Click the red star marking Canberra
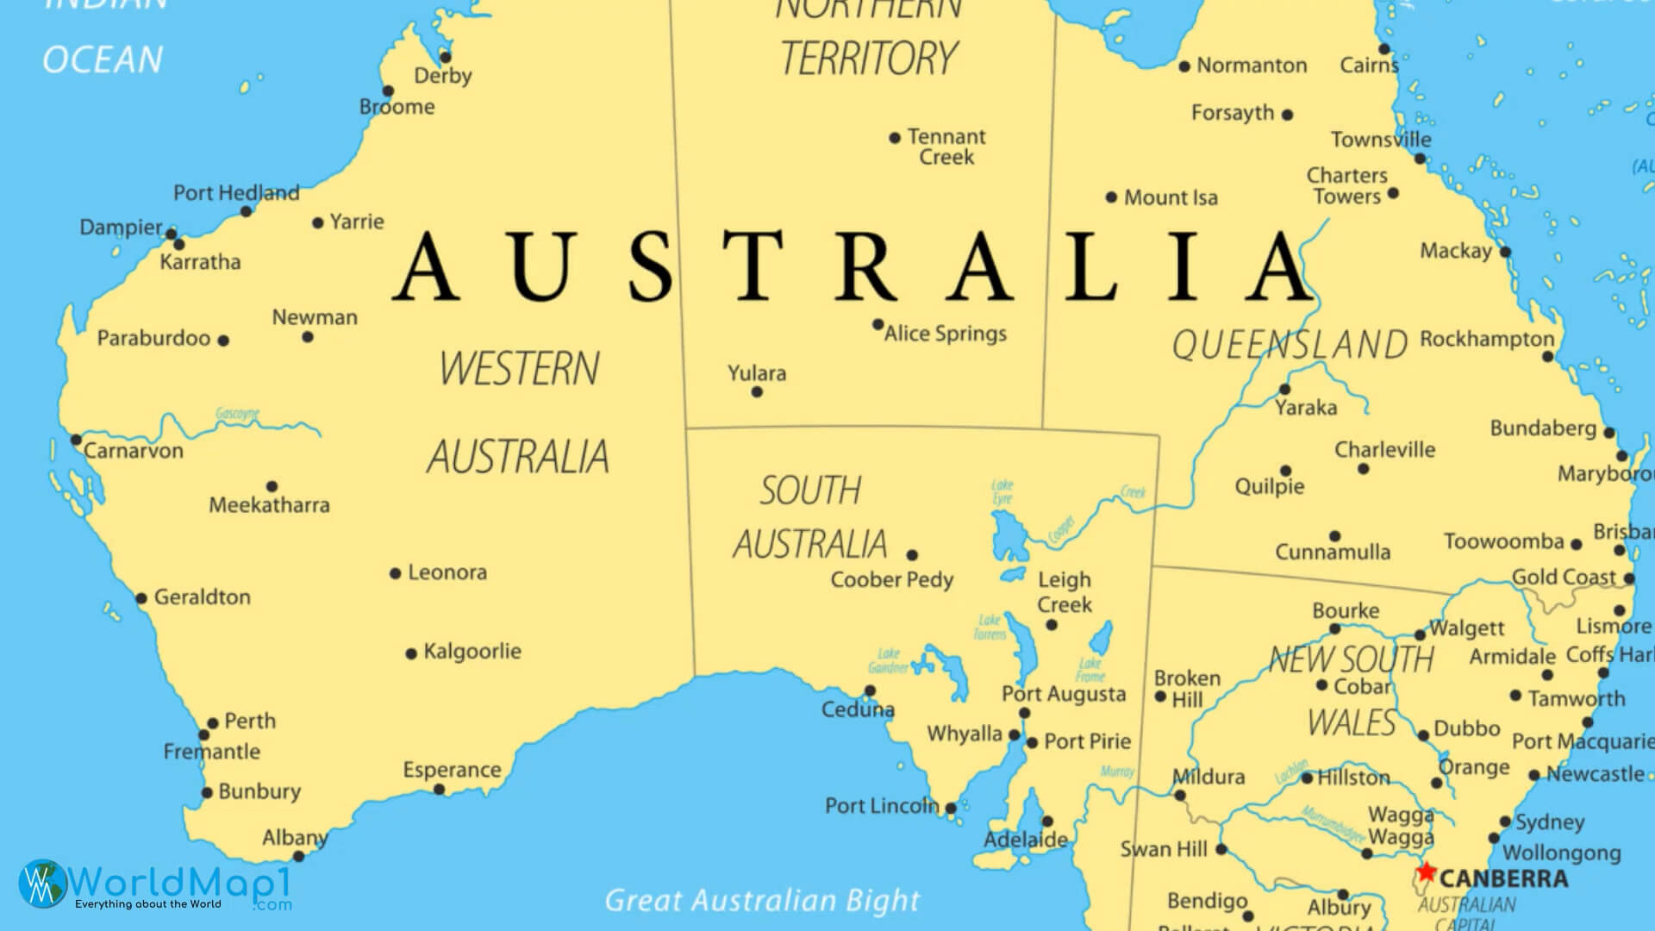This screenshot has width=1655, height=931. (1427, 872)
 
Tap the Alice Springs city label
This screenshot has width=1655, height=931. (946, 334)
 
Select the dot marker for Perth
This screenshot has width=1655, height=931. (213, 724)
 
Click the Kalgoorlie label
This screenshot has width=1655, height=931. (472, 652)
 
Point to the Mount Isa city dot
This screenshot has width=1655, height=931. (1111, 197)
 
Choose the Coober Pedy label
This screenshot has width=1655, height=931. (891, 580)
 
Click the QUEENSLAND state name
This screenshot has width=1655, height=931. (1290, 345)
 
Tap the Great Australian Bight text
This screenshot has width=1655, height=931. (762, 901)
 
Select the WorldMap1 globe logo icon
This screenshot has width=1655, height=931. (41, 884)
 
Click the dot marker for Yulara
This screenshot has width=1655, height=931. (757, 392)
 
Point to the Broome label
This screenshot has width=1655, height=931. (397, 107)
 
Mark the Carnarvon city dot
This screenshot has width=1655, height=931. (76, 441)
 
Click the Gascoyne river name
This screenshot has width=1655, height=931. (237, 414)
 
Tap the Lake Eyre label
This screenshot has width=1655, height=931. (1002, 491)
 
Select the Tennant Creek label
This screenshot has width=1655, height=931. (946, 147)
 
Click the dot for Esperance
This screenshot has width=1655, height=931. (439, 790)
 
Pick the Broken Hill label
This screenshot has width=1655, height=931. (1187, 689)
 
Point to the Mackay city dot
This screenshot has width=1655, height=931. (1505, 252)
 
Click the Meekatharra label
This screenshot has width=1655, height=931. (269, 505)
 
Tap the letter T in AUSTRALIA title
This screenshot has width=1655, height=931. (752, 266)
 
